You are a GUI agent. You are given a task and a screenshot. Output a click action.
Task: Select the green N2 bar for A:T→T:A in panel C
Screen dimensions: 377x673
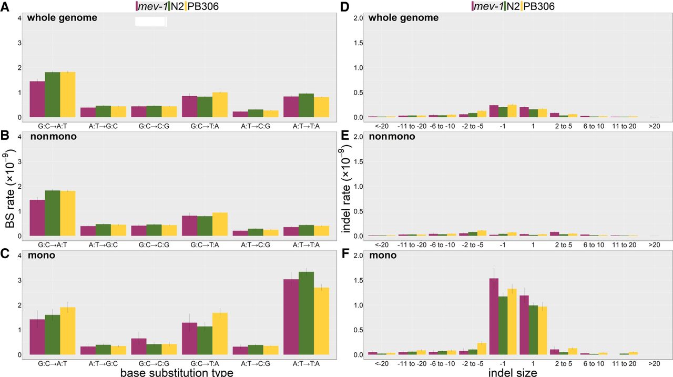[306, 313]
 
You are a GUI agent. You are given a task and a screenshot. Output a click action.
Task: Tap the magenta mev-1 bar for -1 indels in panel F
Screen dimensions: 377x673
[494, 317]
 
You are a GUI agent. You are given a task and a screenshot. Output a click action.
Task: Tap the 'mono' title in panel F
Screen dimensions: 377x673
[382, 256]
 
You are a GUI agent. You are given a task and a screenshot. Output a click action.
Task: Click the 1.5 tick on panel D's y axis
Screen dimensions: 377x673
[359, 43]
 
